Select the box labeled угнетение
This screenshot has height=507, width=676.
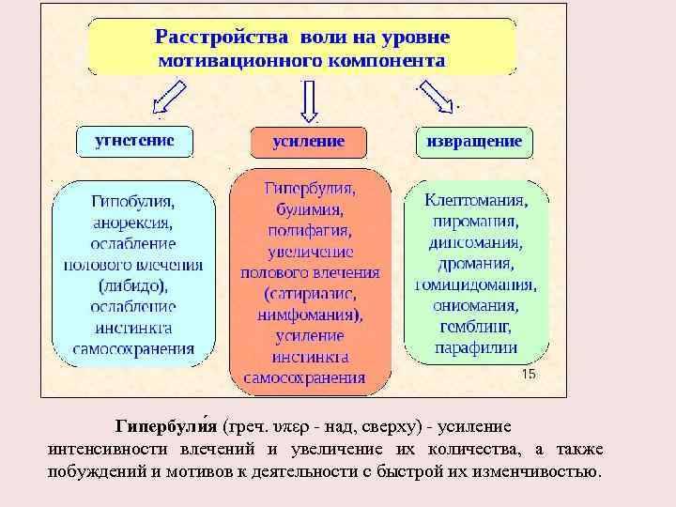133,142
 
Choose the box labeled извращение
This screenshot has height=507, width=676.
473,142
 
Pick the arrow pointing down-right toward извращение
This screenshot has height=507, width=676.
437,95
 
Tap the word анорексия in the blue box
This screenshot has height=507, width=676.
132,223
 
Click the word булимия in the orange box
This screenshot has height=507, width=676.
309,209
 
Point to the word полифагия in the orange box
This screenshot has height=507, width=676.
309,230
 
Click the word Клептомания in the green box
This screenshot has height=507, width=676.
475,201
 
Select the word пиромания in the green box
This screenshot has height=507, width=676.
475,222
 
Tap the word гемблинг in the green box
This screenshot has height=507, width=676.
475,326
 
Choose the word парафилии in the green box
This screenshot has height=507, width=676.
475,346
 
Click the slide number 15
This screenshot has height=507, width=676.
528,374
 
